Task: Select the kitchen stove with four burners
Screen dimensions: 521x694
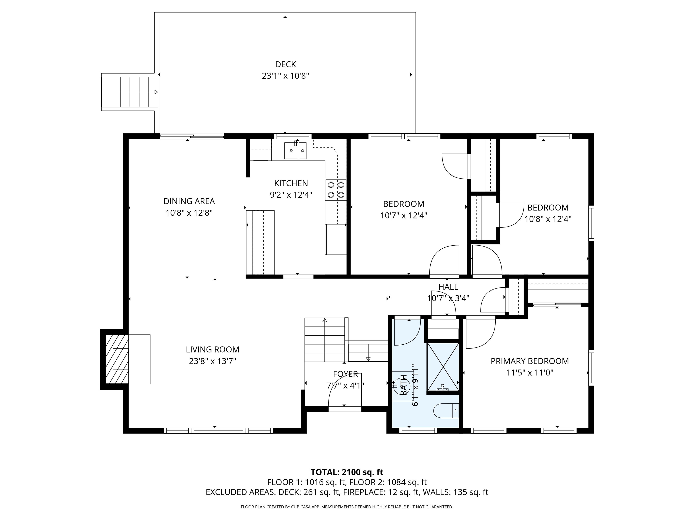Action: tap(335, 190)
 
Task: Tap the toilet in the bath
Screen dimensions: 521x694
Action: tap(446, 411)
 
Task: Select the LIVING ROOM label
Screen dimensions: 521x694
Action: tap(212, 350)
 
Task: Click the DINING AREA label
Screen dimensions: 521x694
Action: tap(189, 201)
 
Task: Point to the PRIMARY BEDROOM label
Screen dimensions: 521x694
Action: tap(530, 361)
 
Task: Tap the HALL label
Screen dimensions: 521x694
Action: tap(448, 287)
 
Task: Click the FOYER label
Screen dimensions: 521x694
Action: tap(345, 374)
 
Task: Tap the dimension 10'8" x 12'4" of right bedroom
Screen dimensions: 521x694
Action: tap(548, 219)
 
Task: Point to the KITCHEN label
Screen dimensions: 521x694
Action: tap(291, 183)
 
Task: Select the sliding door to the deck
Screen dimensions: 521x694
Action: tap(192, 136)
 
